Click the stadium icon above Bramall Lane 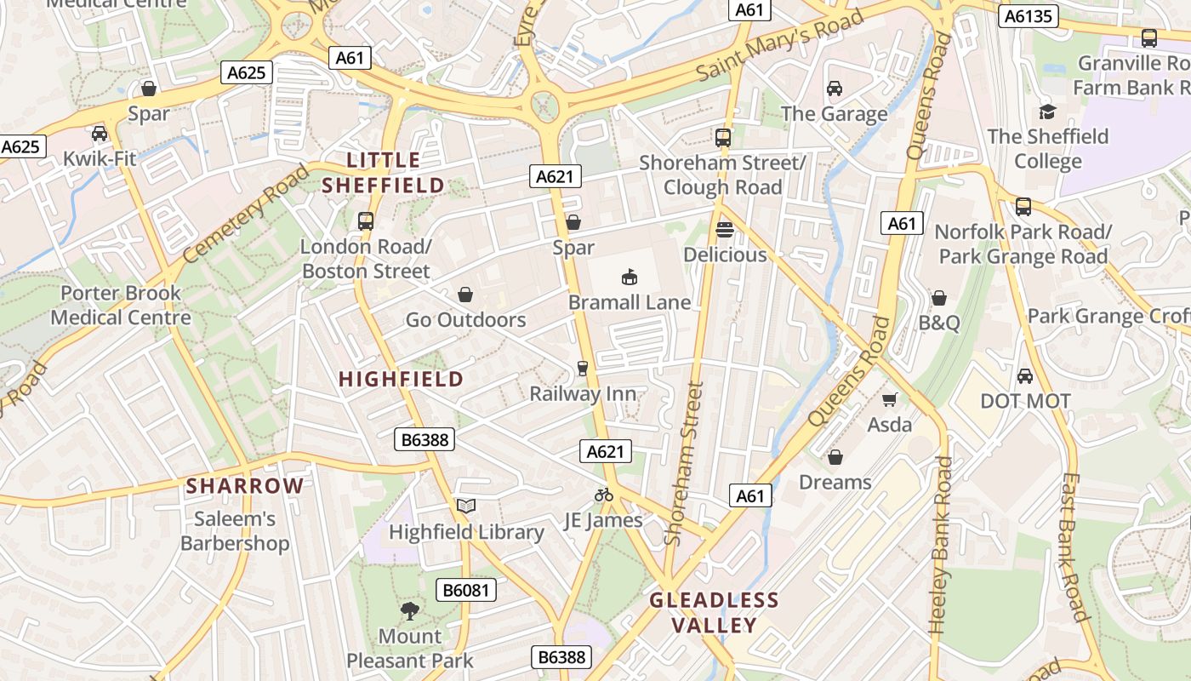pos(630,277)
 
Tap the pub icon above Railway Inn pos(583,369)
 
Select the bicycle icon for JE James pos(604,495)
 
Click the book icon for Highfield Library pos(465,506)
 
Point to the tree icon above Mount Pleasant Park pos(410,610)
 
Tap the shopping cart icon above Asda pos(890,399)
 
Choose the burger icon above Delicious pos(725,229)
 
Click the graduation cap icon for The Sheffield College pos(1047,112)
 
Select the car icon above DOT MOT pos(1025,375)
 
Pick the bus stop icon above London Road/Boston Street pos(366,221)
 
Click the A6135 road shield pos(1029,15)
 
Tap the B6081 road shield pos(466,590)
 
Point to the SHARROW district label pos(245,486)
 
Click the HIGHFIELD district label pos(402,379)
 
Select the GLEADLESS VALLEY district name pos(715,613)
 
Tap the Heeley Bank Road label pos(941,545)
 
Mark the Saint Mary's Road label pos(779,44)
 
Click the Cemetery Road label pos(246,213)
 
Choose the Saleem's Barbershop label pos(235,531)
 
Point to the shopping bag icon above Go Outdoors pos(465,295)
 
